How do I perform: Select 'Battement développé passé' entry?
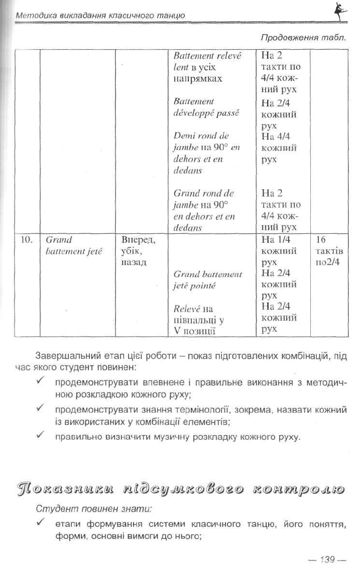[x=206, y=107]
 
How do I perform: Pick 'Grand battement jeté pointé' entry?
[x=207, y=279]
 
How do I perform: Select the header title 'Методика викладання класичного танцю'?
[x=100, y=16]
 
